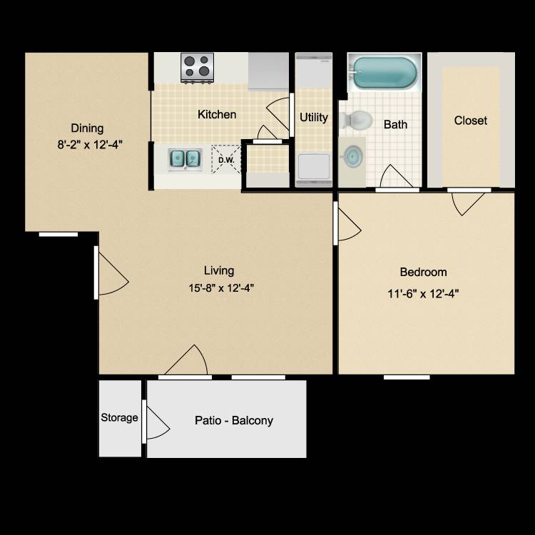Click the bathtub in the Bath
click(384, 72)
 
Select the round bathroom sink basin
click(352, 156)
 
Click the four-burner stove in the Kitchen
click(197, 68)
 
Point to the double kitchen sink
click(185, 159)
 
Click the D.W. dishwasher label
click(226, 160)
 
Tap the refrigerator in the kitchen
click(268, 71)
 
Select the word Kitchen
click(217, 114)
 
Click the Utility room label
click(314, 118)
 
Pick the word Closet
click(471, 120)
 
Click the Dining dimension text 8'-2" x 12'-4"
click(90, 145)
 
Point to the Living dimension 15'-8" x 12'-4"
click(221, 288)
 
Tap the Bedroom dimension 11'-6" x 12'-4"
click(423, 293)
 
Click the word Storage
click(119, 417)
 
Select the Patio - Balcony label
click(234, 420)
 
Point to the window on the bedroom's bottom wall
click(407, 377)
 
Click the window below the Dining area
click(58, 235)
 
